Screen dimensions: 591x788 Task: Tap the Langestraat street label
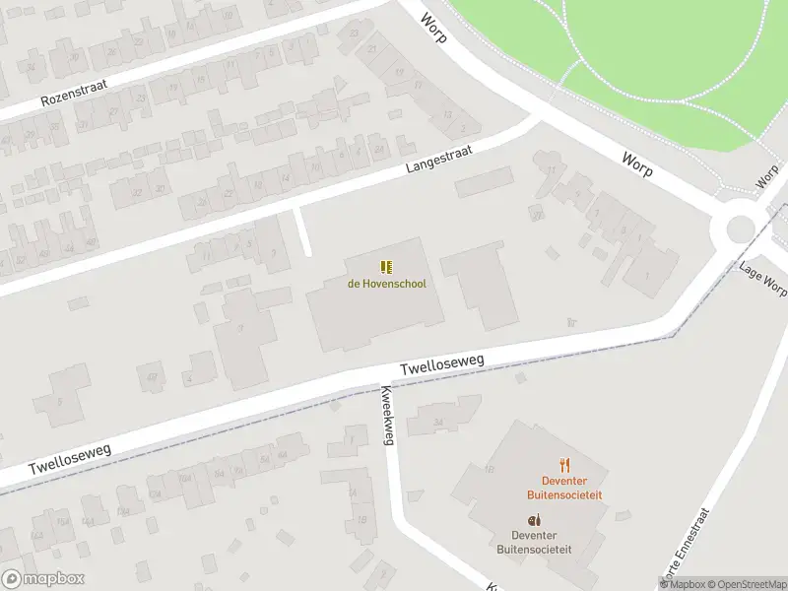tap(439, 159)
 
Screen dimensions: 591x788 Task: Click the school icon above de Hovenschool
tap(386, 267)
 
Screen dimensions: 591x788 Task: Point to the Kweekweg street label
tap(386, 414)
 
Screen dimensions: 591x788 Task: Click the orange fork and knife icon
tap(564, 465)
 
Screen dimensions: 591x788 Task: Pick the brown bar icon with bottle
tap(534, 520)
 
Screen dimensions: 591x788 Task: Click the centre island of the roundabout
tap(741, 230)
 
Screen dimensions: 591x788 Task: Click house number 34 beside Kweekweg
tap(438, 422)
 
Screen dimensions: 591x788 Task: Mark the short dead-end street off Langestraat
tap(303, 231)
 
